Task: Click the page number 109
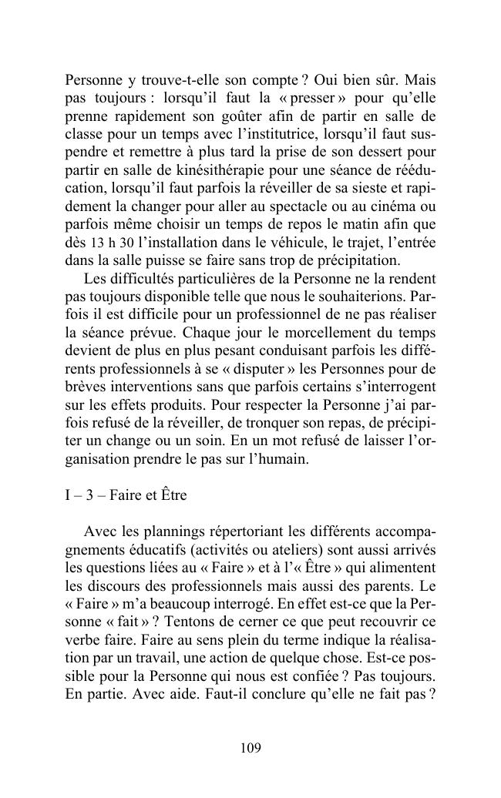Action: coord(250,747)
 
